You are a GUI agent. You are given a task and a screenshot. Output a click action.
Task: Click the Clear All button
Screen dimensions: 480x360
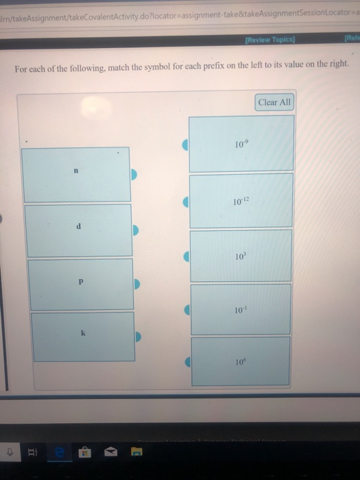[x=274, y=102]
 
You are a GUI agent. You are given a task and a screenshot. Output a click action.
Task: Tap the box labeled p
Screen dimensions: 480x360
[x=81, y=283]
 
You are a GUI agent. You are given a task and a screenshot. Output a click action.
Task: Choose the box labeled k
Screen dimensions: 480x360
[x=82, y=336]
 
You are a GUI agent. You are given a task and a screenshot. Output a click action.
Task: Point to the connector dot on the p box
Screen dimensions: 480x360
[x=137, y=283]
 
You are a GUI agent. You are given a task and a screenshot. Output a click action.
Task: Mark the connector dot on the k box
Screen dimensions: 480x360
[x=138, y=337]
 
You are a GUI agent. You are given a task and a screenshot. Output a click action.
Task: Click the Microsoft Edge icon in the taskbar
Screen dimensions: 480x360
[x=60, y=451]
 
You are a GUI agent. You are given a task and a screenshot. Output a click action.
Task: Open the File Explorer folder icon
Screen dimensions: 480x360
[x=136, y=451]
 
